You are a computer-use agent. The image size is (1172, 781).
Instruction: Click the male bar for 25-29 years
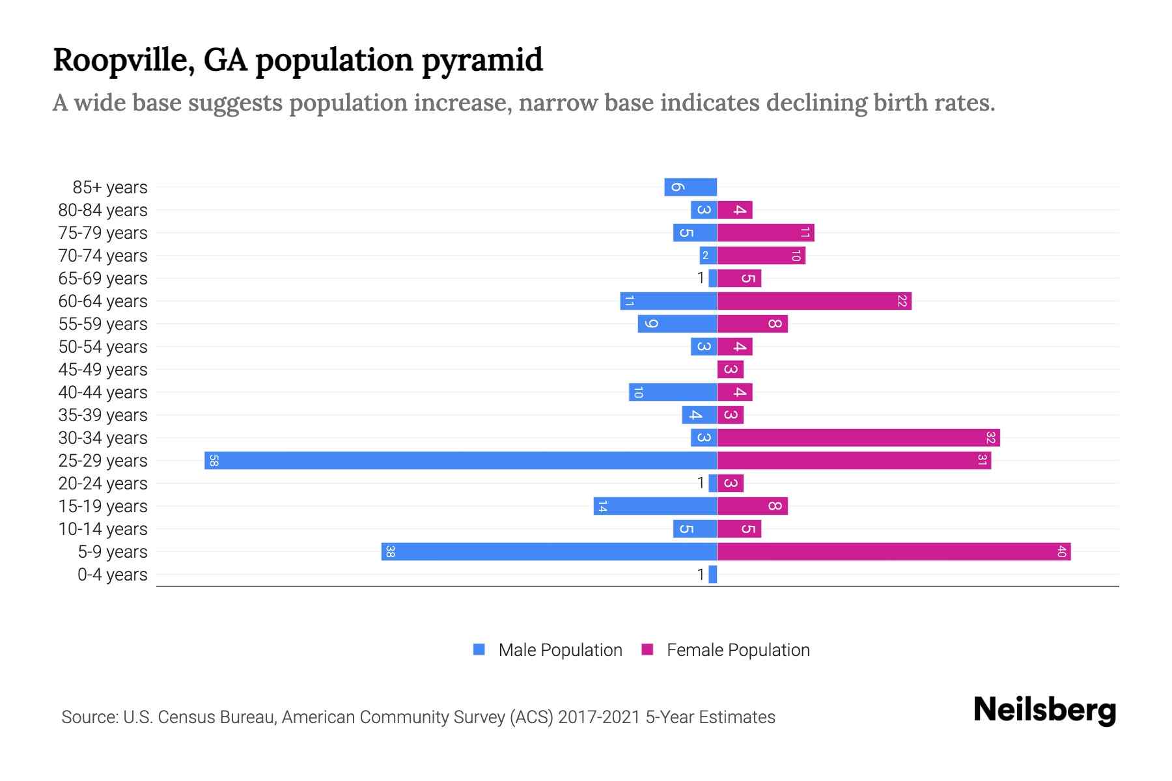click(x=460, y=460)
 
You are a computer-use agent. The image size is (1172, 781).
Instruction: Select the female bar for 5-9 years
click(x=893, y=551)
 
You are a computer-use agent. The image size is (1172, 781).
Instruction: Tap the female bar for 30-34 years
click(x=858, y=437)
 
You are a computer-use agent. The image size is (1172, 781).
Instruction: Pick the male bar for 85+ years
click(x=690, y=187)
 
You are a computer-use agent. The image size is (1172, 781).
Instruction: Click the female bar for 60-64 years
click(x=814, y=301)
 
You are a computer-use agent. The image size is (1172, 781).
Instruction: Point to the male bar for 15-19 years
click(x=655, y=506)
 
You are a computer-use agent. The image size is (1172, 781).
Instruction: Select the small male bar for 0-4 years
click(x=713, y=574)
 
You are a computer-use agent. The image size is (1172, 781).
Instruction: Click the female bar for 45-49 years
click(x=730, y=369)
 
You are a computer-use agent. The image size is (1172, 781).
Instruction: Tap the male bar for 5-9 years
click(x=549, y=551)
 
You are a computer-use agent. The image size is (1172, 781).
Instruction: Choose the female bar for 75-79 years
click(x=766, y=232)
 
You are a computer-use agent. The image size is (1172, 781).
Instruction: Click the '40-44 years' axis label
click(x=103, y=392)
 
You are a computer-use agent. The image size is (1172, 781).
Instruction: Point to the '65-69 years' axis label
click(x=103, y=279)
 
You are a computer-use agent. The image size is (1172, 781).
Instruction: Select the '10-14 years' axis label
click(x=103, y=529)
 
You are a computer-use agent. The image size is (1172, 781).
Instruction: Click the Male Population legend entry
click(x=559, y=650)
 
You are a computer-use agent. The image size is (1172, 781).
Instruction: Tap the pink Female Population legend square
click(x=647, y=650)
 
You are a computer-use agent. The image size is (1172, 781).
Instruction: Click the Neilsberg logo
click(x=1044, y=709)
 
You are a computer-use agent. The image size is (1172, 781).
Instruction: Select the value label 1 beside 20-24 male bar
click(x=701, y=483)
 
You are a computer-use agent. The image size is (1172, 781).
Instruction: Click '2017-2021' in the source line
click(x=599, y=717)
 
